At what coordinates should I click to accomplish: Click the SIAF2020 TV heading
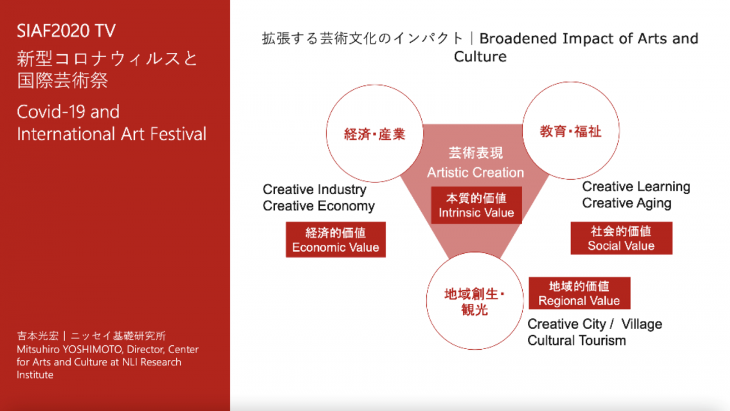[x=66, y=31]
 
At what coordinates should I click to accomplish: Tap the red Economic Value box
[x=336, y=240]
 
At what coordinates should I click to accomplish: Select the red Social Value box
[x=621, y=238]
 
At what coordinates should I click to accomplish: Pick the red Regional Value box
[x=579, y=293]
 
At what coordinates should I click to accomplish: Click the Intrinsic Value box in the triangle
[x=476, y=205]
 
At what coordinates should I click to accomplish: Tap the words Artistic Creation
[x=476, y=172]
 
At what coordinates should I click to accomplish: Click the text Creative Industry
[x=314, y=189]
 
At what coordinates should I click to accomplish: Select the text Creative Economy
[x=319, y=206]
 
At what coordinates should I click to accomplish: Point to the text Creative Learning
[x=636, y=187]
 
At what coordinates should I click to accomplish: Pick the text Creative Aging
[x=627, y=203]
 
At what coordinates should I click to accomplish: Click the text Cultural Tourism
[x=577, y=341]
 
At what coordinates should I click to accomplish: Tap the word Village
[x=642, y=325]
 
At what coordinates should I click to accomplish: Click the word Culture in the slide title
[x=480, y=57]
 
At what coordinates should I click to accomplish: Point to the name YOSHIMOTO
[x=93, y=349]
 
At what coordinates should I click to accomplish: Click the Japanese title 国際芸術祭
[x=62, y=80]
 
